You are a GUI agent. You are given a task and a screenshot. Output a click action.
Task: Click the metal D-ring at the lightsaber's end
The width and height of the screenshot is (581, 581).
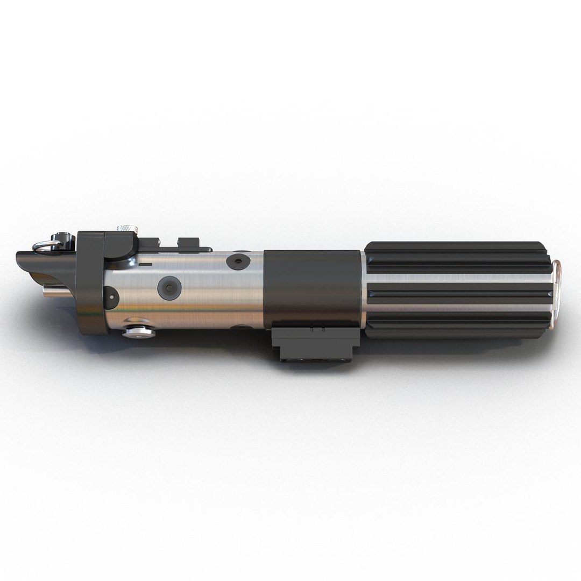[45, 246]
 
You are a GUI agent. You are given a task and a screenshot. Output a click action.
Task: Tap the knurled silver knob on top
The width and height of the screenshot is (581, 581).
[125, 230]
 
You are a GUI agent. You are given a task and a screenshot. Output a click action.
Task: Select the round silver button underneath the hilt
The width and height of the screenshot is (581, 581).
[138, 329]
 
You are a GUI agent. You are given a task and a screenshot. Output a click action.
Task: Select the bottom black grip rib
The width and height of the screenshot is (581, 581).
[457, 326]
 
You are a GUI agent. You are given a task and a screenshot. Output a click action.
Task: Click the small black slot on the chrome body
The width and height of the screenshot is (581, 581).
[145, 265]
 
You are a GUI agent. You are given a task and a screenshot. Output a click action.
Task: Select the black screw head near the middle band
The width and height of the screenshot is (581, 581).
[237, 262]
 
